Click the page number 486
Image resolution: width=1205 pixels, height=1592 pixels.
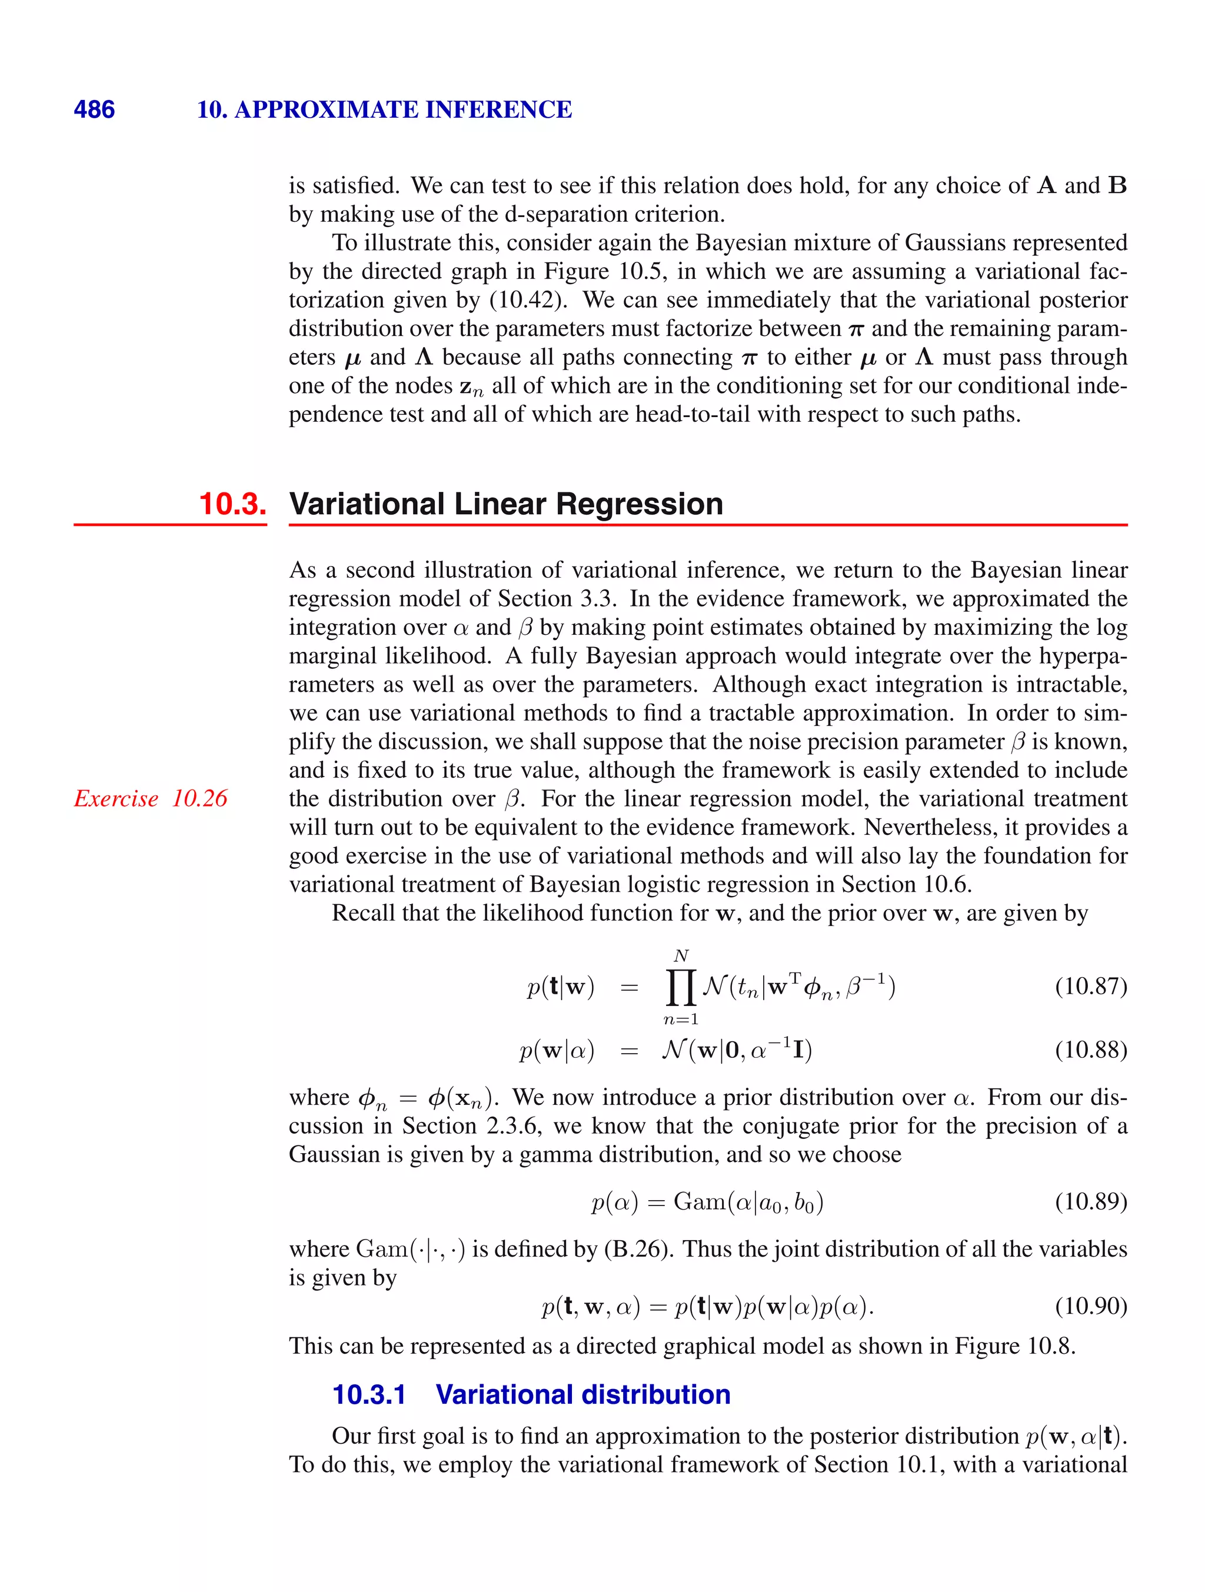click(x=94, y=109)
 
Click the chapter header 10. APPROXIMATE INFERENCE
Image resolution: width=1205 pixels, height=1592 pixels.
click(x=384, y=109)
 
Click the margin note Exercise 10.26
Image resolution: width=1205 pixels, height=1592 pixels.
click(x=151, y=798)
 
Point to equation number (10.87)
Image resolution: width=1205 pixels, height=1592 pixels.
click(x=1090, y=986)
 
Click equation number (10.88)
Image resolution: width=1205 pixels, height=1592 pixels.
click(x=1090, y=1050)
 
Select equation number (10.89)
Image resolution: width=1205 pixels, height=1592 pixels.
click(x=1090, y=1201)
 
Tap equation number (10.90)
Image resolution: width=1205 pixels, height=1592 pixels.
click(x=1090, y=1305)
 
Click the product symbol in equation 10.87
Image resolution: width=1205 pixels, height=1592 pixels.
click(x=680, y=987)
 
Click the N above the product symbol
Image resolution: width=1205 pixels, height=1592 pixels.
click(x=681, y=956)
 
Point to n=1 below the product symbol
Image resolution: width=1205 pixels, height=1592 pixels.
click(x=680, y=1019)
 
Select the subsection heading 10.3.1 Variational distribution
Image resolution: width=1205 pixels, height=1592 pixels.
click(x=531, y=1394)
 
